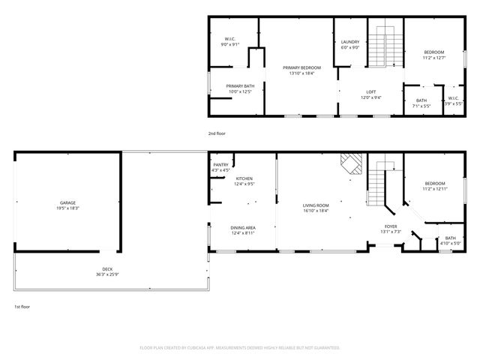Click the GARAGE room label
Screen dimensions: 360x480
[x=68, y=202]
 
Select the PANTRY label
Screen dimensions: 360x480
[x=220, y=165]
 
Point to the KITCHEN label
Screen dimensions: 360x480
[x=244, y=178]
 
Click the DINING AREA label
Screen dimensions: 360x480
[x=244, y=227]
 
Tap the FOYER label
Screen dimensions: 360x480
[x=391, y=226]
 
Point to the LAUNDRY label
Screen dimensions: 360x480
[x=350, y=42]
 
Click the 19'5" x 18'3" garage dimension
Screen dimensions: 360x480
[x=68, y=208]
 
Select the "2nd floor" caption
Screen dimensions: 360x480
[x=217, y=133]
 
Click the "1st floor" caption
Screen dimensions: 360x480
[x=22, y=306]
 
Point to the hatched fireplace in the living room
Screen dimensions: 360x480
[x=351, y=163]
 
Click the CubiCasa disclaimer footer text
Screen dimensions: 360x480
[x=240, y=348]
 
